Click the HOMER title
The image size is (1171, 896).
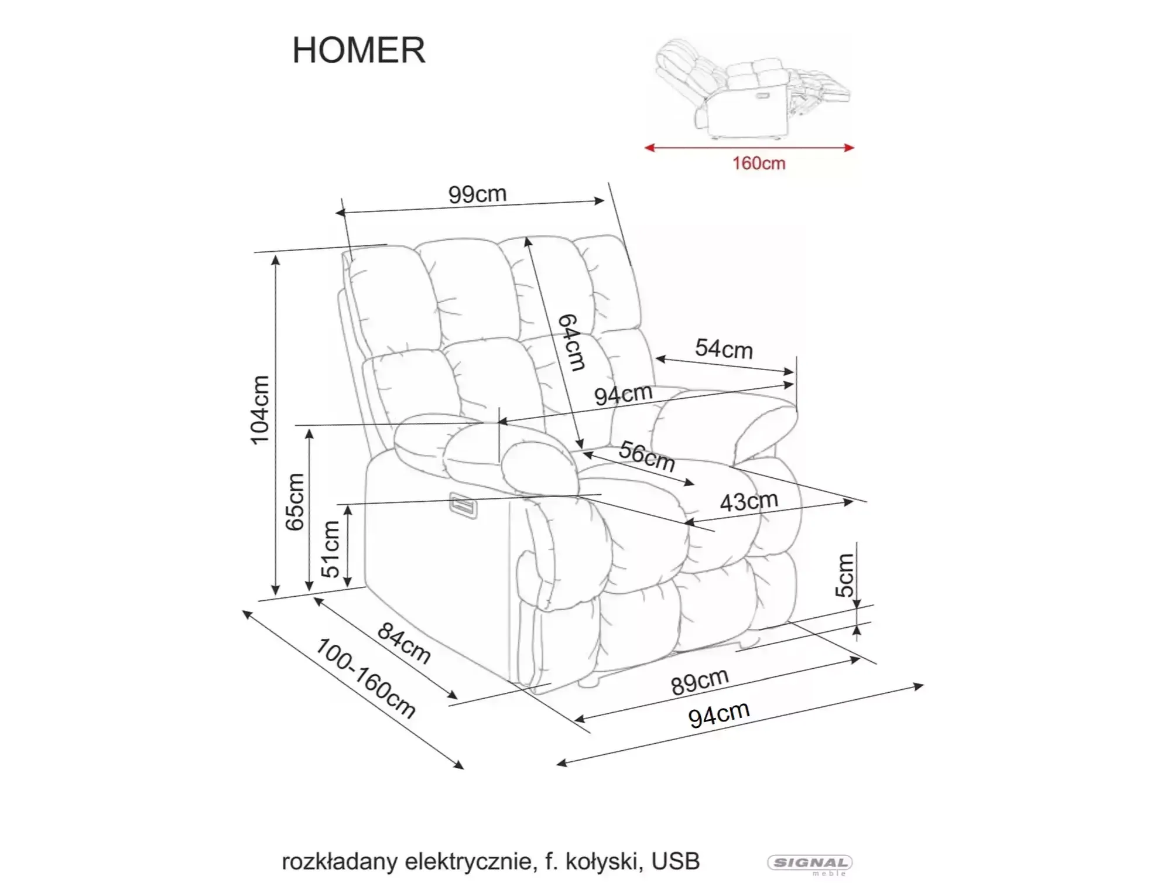358,50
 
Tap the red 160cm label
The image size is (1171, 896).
759,163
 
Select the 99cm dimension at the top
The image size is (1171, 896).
477,194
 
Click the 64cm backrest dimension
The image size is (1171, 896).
571,343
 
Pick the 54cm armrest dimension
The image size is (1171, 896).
724,349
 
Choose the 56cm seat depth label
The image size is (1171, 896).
647,456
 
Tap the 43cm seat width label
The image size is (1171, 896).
749,502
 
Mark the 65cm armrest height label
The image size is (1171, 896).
295,502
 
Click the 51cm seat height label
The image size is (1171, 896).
331,549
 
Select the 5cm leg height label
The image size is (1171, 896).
845,575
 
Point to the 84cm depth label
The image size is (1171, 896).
405,643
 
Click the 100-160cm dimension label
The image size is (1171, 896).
366,678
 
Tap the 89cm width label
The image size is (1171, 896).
700,682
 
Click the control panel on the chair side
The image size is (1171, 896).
463,505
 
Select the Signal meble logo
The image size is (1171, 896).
810,864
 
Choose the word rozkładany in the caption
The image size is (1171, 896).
340,861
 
